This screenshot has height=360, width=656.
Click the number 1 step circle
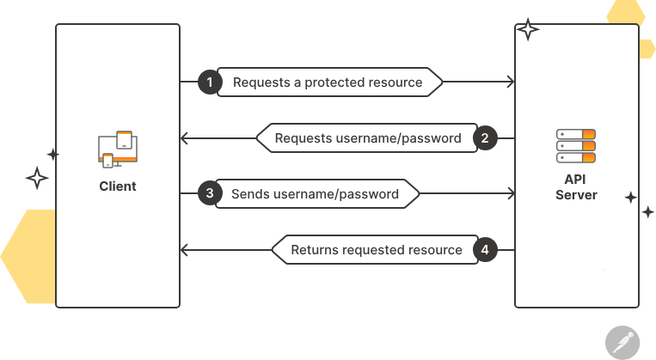pyautogui.click(x=209, y=82)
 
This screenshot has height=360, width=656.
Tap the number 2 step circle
pyautogui.click(x=485, y=138)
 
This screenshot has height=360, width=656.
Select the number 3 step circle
pyautogui.click(x=209, y=193)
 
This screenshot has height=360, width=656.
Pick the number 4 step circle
pyautogui.click(x=485, y=250)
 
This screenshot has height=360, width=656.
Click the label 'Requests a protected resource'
pyautogui.click(x=328, y=82)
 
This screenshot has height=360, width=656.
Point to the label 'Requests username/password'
pyautogui.click(x=368, y=138)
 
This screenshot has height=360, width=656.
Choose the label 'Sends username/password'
pyautogui.click(x=315, y=193)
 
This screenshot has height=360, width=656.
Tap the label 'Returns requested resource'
pyautogui.click(x=377, y=250)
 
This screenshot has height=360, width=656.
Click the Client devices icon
pyautogui.click(x=118, y=148)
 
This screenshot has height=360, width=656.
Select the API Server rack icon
pyautogui.click(x=576, y=146)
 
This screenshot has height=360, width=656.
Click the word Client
pyautogui.click(x=117, y=186)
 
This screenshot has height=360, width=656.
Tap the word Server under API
pyautogui.click(x=576, y=195)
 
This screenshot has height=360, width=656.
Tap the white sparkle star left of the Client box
pyautogui.click(x=37, y=179)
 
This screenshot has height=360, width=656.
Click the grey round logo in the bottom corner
pyautogui.click(x=621, y=341)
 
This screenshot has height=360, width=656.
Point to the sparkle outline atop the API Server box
pyautogui.click(x=528, y=30)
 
